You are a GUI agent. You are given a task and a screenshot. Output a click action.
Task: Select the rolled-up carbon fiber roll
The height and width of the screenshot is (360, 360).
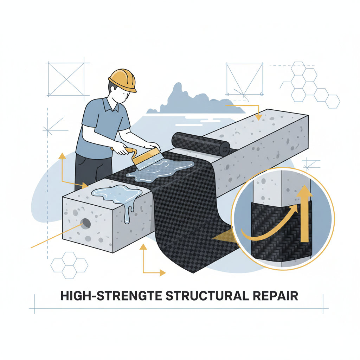[x=201, y=144]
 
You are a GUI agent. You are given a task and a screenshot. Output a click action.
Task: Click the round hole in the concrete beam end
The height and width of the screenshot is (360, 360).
[x=86, y=223]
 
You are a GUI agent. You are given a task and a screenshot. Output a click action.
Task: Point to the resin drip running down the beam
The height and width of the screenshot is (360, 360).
[x=129, y=212]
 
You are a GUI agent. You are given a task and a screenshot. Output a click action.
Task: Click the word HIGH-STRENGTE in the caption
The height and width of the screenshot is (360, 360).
[x=111, y=296]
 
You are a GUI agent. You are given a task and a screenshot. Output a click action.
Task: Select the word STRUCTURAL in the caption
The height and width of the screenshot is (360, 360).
[x=207, y=296]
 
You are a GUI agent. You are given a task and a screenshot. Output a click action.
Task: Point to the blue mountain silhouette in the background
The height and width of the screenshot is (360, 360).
[x=195, y=101]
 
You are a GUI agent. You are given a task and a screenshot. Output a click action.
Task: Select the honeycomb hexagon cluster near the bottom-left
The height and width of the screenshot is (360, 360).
[x=69, y=265]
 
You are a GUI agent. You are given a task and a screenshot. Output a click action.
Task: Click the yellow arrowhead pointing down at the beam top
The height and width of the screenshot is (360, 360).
[x=258, y=117]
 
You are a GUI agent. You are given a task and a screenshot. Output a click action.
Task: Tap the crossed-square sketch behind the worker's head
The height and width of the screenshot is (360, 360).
[x=66, y=79]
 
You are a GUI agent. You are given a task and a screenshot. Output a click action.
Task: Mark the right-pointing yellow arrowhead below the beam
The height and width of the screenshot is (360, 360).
[x=162, y=273]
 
